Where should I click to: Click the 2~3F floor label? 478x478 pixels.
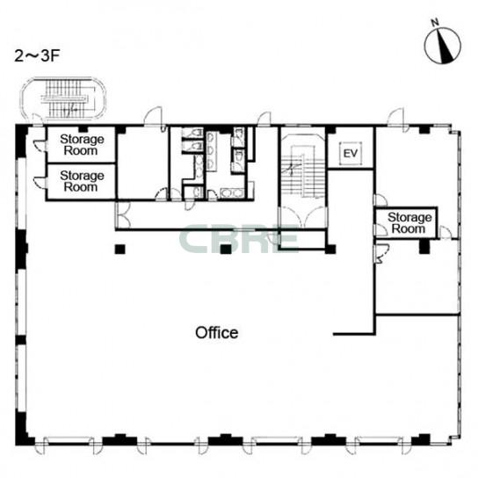click(x=37, y=56)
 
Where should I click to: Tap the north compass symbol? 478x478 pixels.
click(x=443, y=46)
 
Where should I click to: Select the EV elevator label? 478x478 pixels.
click(x=351, y=154)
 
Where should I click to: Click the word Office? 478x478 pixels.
click(x=217, y=333)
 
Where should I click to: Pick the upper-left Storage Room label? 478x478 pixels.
click(x=82, y=145)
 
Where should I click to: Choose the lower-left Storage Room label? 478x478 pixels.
click(x=82, y=181)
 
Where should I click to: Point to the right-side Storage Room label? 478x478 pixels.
click(x=409, y=223)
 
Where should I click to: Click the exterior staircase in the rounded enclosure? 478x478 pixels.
click(x=65, y=98)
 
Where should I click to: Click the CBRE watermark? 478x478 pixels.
click(x=238, y=239)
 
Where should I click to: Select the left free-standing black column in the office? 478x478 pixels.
click(x=119, y=249)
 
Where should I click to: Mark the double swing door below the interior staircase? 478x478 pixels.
click(x=303, y=216)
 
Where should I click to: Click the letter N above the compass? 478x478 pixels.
click(x=435, y=22)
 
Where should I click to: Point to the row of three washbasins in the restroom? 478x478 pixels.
click(x=211, y=150)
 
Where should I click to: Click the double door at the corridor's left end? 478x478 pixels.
click(x=123, y=214)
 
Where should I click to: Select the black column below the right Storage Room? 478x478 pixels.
click(x=424, y=247)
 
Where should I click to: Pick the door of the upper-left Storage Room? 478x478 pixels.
click(x=40, y=146)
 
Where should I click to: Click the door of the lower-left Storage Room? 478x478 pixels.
click(x=40, y=182)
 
